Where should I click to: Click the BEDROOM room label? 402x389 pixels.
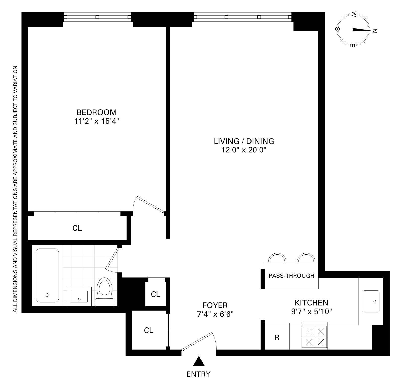pyautogui.click(x=96, y=112)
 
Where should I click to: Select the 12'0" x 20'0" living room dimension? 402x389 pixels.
pyautogui.click(x=243, y=150)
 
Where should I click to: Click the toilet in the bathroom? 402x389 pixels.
pyautogui.click(x=105, y=292)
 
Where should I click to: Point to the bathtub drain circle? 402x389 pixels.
pyautogui.click(x=47, y=295)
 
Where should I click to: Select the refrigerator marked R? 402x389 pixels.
pyautogui.click(x=277, y=337)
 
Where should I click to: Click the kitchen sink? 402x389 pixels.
pyautogui.click(x=371, y=301)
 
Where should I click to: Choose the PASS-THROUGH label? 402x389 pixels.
pyautogui.click(x=291, y=276)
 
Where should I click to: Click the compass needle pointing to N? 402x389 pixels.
pyautogui.click(x=361, y=30)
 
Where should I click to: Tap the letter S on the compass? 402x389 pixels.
pyautogui.click(x=338, y=29)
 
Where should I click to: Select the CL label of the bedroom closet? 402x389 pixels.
pyautogui.click(x=77, y=228)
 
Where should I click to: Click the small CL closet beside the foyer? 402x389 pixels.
pyautogui.click(x=155, y=294)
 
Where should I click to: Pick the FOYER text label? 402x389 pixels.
pyautogui.click(x=215, y=305)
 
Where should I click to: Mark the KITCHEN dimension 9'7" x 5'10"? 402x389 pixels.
pyautogui.click(x=312, y=312)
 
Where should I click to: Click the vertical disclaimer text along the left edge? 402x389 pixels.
pyautogui.click(x=16, y=189)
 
